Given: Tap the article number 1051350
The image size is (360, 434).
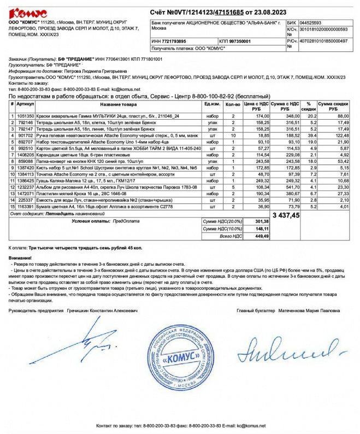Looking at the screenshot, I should click(x=25, y=116).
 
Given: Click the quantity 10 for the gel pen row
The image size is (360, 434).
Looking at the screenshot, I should click(x=233, y=135).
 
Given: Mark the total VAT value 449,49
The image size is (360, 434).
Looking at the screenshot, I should click(x=262, y=236).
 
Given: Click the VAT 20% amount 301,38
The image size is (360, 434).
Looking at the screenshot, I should click(x=262, y=221).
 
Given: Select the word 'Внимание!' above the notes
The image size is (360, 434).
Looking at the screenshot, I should click(x=20, y=257).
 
